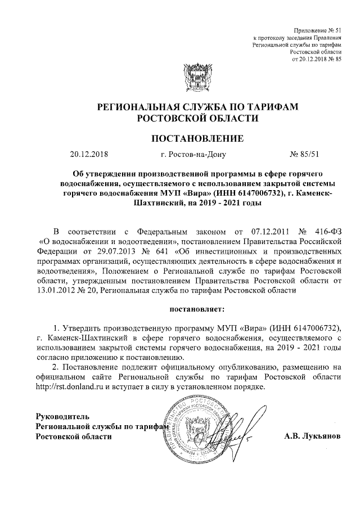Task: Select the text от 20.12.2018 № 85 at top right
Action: coord(317,58)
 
